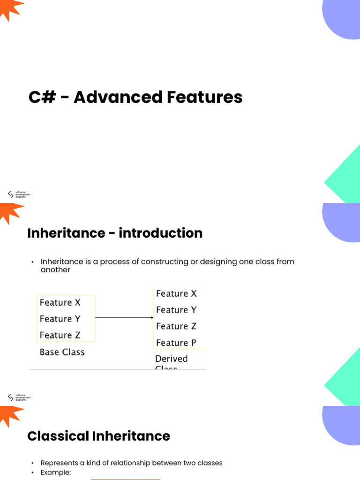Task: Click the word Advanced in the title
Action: pos(117,97)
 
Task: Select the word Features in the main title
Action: pos(204,97)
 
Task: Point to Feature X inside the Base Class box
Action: pos(60,303)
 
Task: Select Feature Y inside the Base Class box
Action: pos(60,319)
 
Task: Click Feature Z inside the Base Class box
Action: pos(60,335)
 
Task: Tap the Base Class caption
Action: pos(62,352)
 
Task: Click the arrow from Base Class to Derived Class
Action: pos(124,318)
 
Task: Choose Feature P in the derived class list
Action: pos(176,343)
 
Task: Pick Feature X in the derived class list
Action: pos(176,293)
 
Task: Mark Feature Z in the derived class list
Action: pos(176,326)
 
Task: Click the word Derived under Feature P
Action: pos(171,359)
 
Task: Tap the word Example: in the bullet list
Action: pos(55,472)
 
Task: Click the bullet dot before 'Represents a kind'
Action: pos(33,463)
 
